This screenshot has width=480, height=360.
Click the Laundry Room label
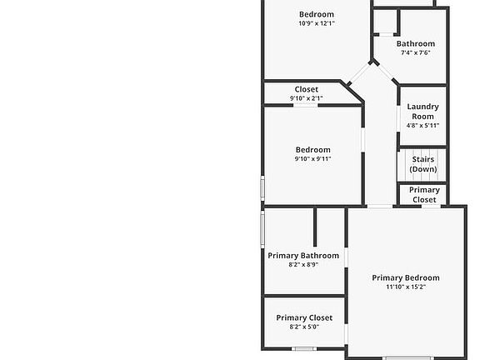coord(422,112)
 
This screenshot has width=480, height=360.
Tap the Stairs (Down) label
coord(423,164)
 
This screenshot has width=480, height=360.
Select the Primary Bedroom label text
coord(406,277)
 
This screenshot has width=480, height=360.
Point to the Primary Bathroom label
coord(303,256)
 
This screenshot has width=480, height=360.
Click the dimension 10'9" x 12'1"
coord(317,23)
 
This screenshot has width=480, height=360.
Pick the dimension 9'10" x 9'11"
coord(312,158)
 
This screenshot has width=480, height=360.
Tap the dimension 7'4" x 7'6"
coord(415,52)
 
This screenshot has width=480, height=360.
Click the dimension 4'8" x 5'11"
coord(422,125)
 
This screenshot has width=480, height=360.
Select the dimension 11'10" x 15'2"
coord(406,287)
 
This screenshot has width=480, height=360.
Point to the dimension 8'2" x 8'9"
coord(303,264)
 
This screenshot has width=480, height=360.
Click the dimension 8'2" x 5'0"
coord(304,327)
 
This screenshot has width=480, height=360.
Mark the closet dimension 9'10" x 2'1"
coord(306,98)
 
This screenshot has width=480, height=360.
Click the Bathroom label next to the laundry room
coord(416,43)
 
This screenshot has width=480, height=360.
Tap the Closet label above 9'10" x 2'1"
coord(307,89)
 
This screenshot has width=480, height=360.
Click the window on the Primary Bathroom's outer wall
coord(262,229)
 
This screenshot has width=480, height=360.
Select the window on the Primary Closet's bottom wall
coord(304,348)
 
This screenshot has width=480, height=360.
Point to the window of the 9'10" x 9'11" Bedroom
coord(262,188)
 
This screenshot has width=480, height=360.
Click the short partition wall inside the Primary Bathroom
coord(315,227)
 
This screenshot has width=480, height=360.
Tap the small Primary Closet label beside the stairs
coord(424,195)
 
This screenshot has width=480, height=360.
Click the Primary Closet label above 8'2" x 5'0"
coord(304,317)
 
